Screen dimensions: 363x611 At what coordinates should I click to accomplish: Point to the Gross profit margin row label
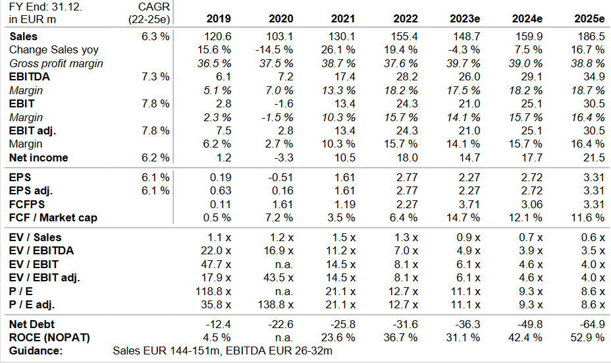pos(57,63)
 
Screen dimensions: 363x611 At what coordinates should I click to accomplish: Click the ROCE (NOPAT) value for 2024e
pos(526,338)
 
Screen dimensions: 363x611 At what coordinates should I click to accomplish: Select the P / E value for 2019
pos(215,291)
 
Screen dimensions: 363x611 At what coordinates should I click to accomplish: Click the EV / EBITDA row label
pos(41,250)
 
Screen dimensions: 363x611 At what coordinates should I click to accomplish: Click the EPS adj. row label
pos(31,191)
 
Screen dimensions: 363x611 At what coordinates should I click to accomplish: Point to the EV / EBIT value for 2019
pos(216,264)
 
